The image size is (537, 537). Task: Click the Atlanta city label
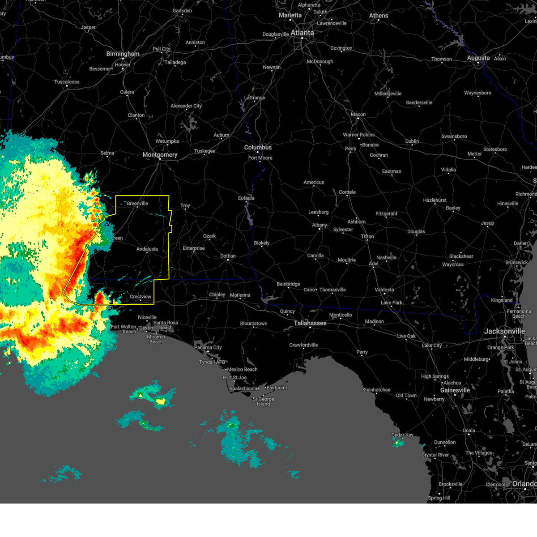tap(302, 33)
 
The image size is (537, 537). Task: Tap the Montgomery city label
tap(160, 155)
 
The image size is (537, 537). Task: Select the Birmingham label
tap(123, 54)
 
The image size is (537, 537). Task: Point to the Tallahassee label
tap(310, 323)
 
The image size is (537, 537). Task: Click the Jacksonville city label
tap(504, 331)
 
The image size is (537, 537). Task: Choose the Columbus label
tap(258, 147)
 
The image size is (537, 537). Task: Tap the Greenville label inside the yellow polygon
tap(137, 204)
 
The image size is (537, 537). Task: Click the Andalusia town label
tap(147, 249)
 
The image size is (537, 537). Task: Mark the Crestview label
tap(141, 297)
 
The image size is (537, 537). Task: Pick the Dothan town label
tap(228, 256)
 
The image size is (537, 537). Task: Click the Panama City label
tap(208, 347)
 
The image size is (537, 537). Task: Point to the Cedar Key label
tap(402, 435)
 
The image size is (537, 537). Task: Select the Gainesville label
tap(455, 390)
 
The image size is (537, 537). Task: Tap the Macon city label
tap(358, 115)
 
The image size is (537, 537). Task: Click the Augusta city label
tap(478, 58)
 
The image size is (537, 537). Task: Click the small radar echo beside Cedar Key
tap(398, 443)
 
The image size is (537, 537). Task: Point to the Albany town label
tap(320, 225)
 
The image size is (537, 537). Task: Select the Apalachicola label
tap(243, 388)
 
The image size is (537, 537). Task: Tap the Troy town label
tap(185, 206)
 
